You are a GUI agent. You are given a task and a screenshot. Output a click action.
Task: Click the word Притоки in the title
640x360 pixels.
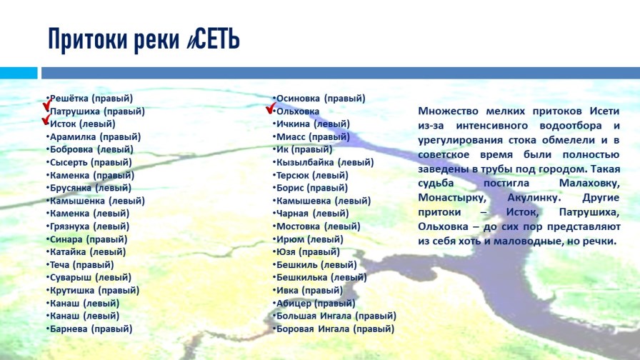coord(88,40)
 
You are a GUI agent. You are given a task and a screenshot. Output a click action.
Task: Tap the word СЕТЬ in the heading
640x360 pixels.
coord(217,39)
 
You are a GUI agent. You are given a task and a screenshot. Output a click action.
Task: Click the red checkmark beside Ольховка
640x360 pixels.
coord(271,108)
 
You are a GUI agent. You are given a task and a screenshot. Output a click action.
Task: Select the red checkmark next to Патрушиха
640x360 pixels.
coord(47,104)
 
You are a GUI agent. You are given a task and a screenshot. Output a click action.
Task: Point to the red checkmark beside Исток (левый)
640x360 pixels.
coord(46,119)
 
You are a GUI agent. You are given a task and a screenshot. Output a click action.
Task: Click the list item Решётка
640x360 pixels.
coord(69,99)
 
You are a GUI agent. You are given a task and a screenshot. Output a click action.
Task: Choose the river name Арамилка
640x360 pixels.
coord(73,136)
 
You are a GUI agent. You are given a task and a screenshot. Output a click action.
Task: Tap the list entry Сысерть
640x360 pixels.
coord(68,162)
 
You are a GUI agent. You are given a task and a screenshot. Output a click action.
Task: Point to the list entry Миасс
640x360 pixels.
coord(291,136)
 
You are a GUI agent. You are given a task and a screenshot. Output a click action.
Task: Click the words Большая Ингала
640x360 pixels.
coord(314,316)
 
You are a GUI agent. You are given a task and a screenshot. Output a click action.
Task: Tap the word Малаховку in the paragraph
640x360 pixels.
coord(589,183)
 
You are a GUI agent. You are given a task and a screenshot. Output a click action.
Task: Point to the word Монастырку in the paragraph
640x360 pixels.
coord(452,199)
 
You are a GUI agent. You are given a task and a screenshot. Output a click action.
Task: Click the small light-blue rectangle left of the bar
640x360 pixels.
coord(19,73)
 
